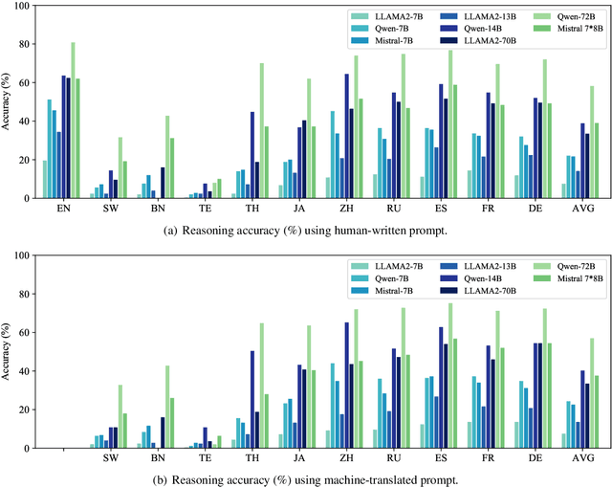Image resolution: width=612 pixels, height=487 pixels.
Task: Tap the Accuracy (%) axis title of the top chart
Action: click(x=10, y=103)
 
